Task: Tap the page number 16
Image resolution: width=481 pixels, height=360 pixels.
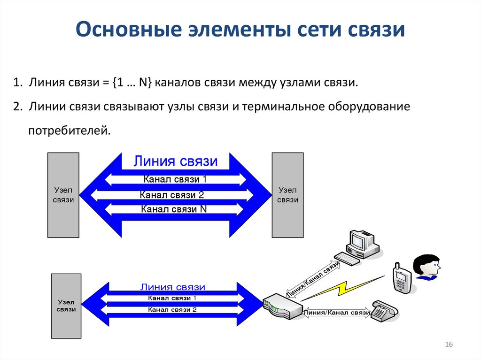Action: point(448,345)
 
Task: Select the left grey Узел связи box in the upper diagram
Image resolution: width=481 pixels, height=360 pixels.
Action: point(63,195)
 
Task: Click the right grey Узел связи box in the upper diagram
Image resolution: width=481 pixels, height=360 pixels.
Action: point(287,195)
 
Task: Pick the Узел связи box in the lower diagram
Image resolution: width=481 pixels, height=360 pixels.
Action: point(66,306)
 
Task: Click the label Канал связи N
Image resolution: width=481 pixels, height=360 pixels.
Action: point(174,209)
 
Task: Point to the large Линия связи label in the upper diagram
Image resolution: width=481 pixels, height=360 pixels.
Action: point(176,161)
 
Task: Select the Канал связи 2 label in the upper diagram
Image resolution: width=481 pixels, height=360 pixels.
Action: point(172,195)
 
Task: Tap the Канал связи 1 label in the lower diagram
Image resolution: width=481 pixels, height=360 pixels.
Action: point(172,298)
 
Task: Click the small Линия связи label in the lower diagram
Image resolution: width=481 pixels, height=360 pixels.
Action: point(172,287)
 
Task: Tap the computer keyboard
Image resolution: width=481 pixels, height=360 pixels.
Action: point(347,259)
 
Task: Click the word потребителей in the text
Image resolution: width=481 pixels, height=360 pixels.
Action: point(69,130)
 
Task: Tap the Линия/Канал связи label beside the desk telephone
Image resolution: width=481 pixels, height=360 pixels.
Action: point(337,313)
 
